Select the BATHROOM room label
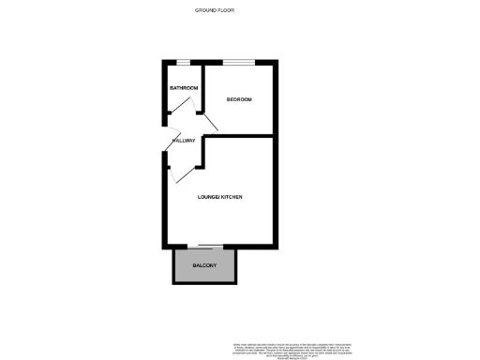182,88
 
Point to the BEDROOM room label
239,99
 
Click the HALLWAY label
184,141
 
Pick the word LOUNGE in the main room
207,197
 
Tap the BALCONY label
205,266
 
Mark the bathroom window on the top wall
184,63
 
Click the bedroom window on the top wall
240,63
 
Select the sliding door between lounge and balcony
205,247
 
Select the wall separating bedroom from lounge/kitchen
240,135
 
